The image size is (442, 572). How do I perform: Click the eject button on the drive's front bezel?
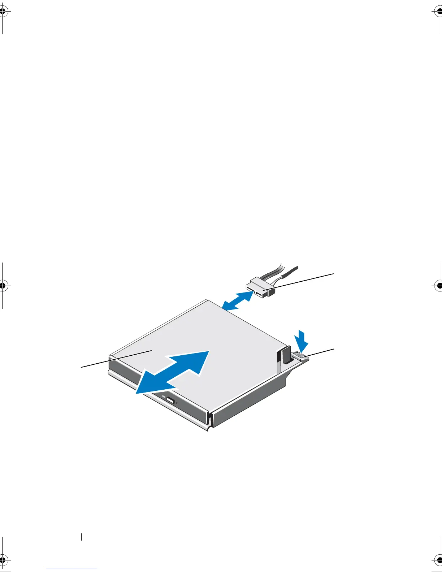click(171, 401)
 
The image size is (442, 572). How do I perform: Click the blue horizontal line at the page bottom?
click(71, 569)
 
